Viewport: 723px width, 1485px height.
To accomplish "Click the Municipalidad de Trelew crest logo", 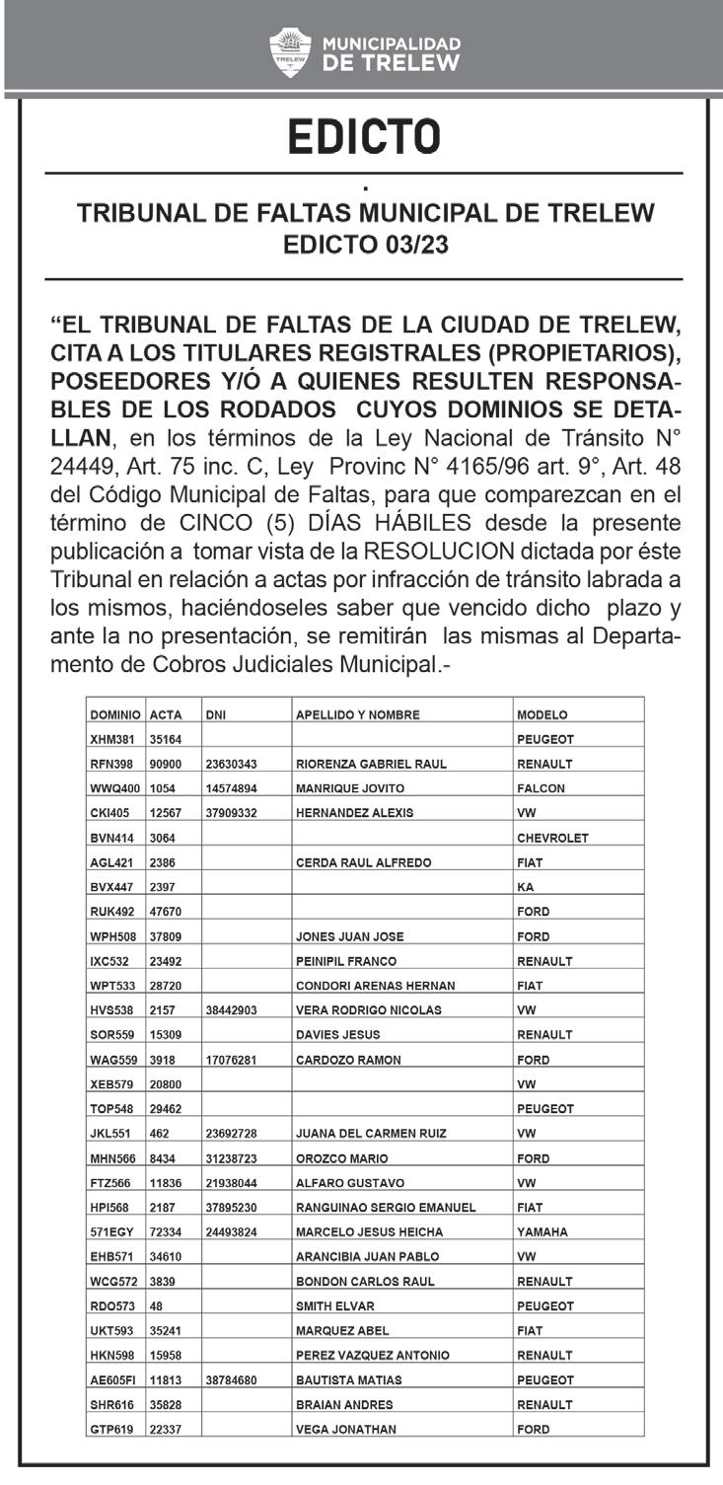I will [289, 50].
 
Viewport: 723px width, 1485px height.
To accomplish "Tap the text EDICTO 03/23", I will [365, 244].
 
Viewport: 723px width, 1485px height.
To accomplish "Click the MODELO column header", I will [542, 714].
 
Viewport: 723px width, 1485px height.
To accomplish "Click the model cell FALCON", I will [541, 788].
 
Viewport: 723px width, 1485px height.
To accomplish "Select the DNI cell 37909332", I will [232, 813].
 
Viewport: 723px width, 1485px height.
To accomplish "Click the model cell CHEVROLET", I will [552, 838].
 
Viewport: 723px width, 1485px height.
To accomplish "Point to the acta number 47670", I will [167, 912].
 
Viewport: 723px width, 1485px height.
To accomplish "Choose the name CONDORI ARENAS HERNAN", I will [375, 986].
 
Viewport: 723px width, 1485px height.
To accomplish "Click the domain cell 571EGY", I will [111, 1231].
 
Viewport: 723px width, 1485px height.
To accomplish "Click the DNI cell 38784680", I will [232, 1379].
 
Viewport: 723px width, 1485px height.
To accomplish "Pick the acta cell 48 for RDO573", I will [156, 1305].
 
